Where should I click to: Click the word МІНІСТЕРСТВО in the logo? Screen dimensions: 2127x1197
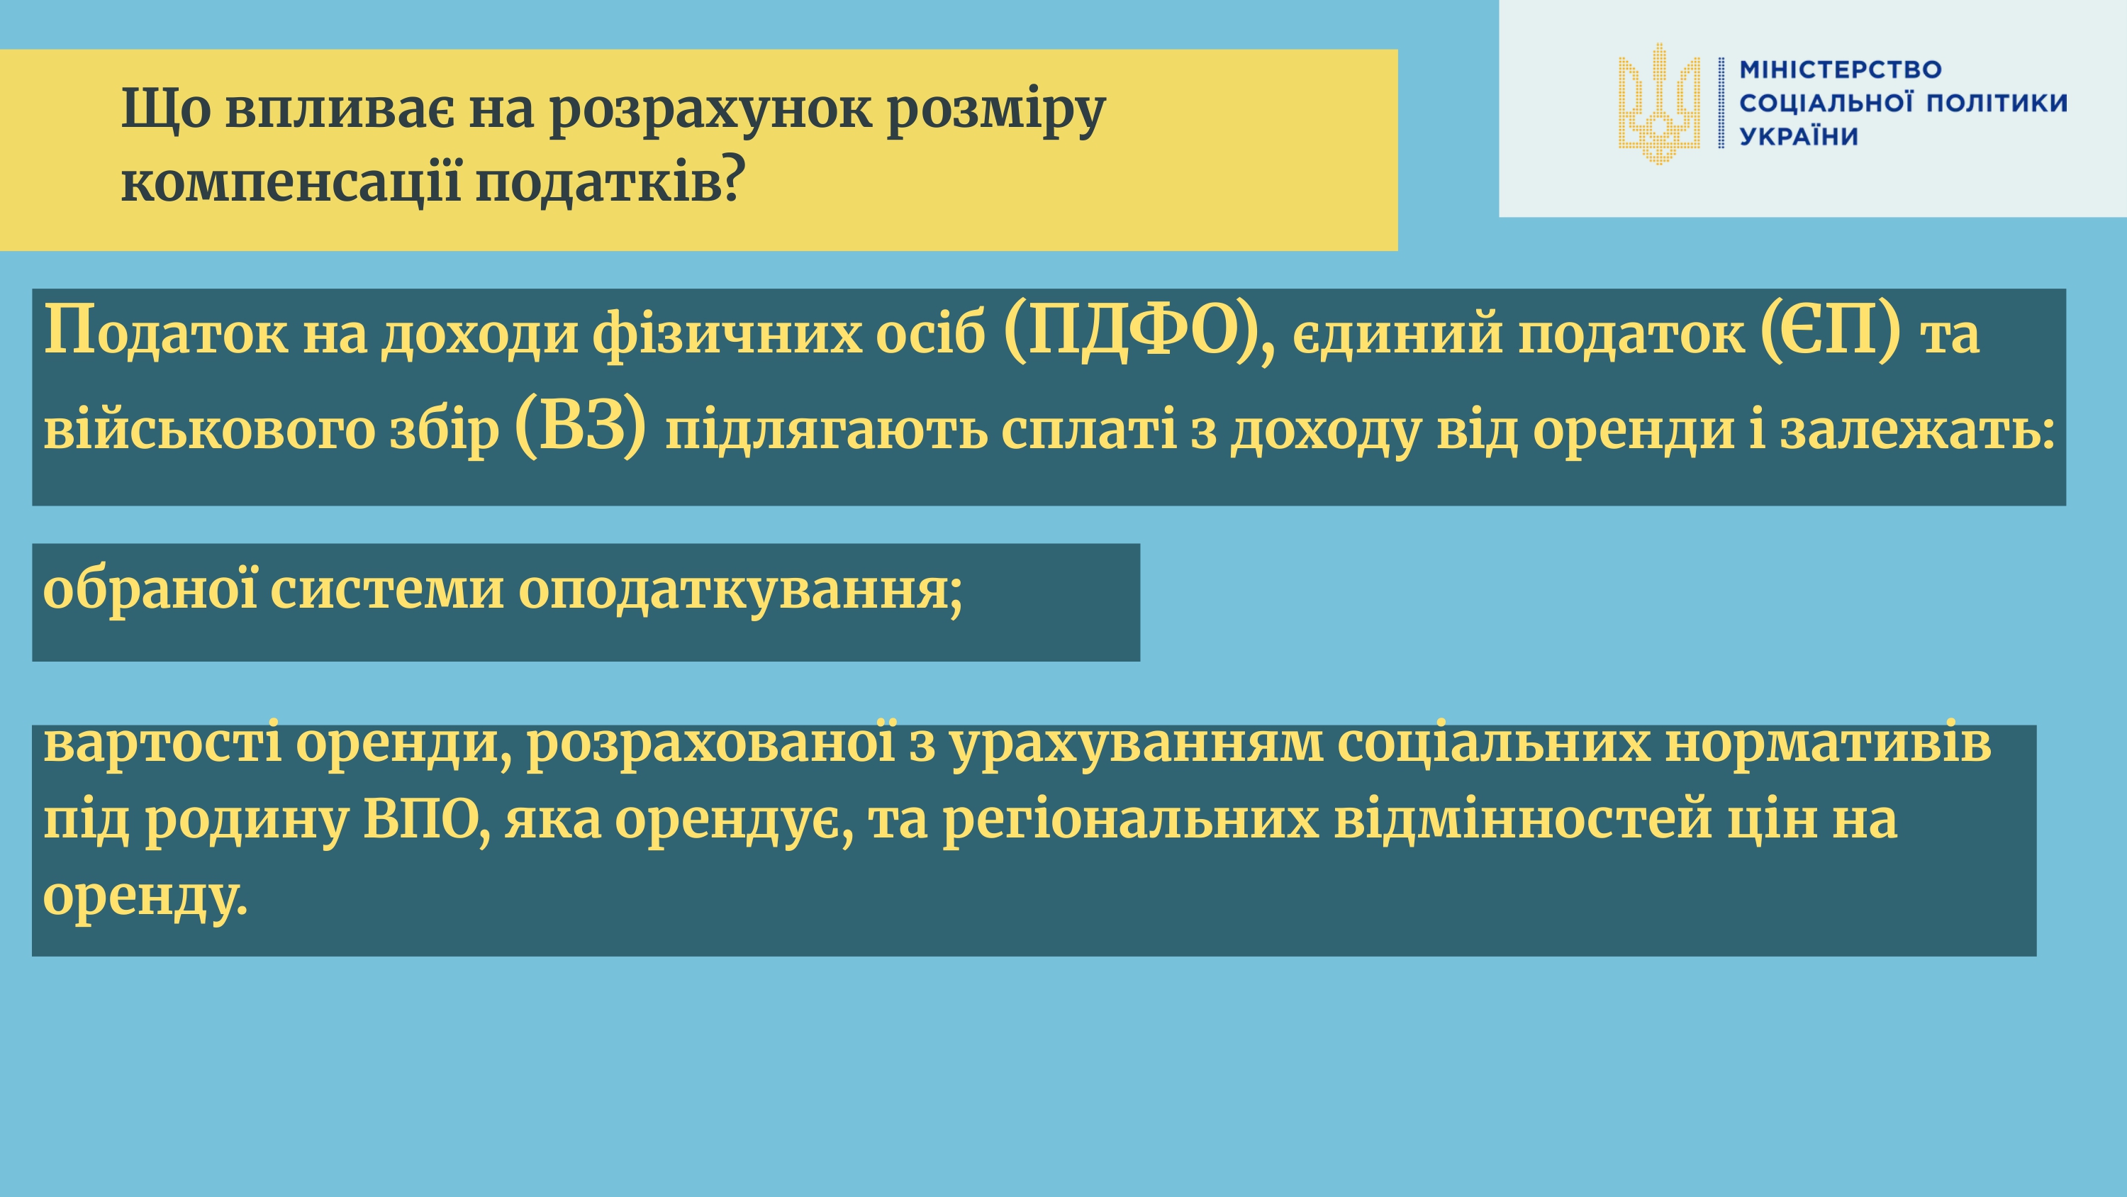(1841, 69)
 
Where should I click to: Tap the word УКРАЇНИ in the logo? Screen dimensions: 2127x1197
(1798, 135)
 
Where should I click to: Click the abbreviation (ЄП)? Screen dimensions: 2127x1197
(1830, 331)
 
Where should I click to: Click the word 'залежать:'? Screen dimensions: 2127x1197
(1916, 430)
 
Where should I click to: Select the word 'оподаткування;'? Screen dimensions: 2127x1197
(741, 591)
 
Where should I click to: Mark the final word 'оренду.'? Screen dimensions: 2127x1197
(145, 897)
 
